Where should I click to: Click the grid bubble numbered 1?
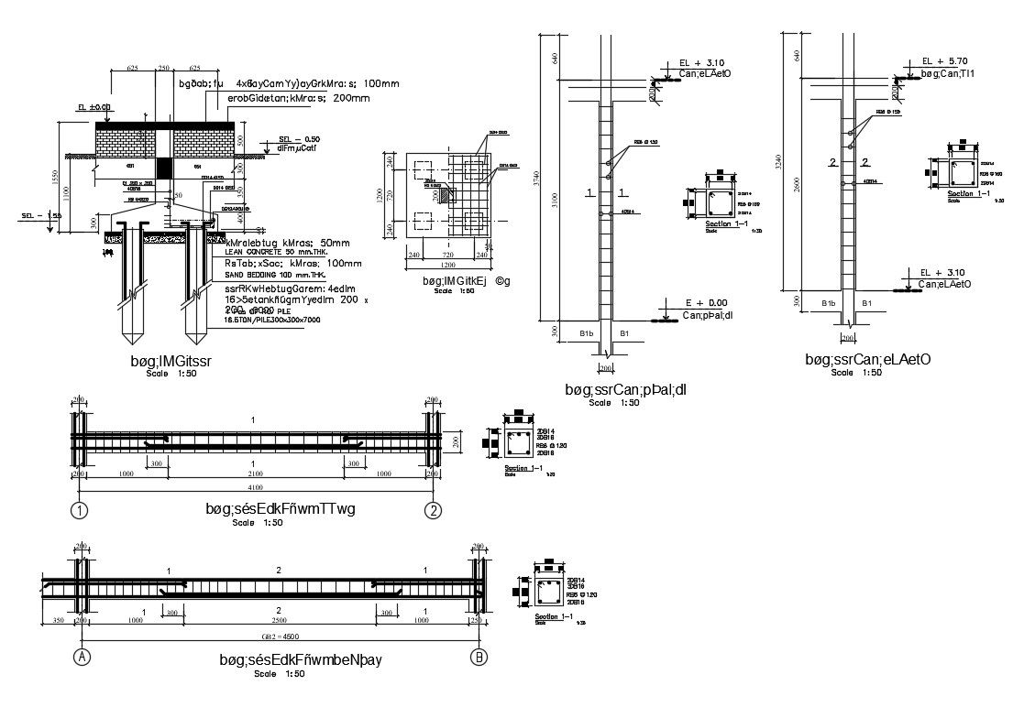pyautogui.click(x=81, y=510)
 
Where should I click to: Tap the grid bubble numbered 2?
pyautogui.click(x=432, y=510)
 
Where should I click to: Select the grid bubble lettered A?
pyautogui.click(x=81, y=656)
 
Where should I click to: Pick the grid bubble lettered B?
pyautogui.click(x=478, y=656)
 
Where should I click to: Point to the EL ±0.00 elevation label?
pyautogui.click(x=94, y=107)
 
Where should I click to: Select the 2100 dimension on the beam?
pyautogui.click(x=256, y=474)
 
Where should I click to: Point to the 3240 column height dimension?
pyautogui.click(x=779, y=163)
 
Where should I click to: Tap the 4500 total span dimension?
pyautogui.click(x=280, y=636)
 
